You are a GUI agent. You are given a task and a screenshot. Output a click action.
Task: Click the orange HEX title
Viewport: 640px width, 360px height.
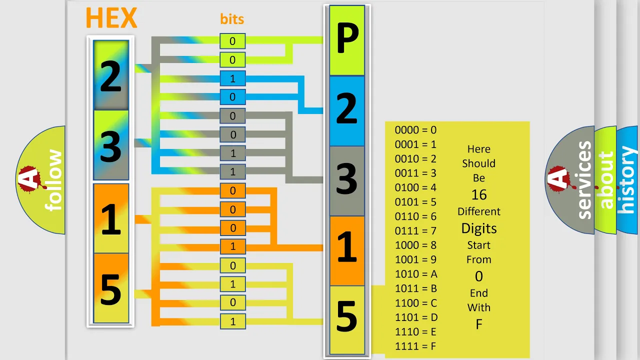[111, 17]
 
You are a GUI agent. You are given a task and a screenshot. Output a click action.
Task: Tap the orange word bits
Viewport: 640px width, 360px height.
[232, 19]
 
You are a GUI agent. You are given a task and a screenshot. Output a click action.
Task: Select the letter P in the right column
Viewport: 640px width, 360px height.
[347, 38]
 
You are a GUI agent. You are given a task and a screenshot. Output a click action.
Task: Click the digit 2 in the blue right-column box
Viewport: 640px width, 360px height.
[347, 108]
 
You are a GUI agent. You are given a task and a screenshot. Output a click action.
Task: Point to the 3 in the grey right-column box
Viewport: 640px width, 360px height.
[347, 178]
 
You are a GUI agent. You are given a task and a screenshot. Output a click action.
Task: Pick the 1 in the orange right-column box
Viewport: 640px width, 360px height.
[347, 247]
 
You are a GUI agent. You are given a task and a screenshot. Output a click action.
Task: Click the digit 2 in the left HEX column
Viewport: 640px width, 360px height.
[111, 76]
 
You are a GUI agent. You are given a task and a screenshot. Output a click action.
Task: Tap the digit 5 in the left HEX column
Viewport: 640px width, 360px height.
[111, 289]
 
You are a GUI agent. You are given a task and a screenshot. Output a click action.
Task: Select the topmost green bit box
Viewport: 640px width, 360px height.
[232, 41]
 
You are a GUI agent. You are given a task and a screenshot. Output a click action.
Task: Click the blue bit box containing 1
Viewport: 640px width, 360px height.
[232, 78]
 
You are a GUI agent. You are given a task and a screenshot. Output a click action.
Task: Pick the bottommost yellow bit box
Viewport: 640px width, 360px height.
[232, 321]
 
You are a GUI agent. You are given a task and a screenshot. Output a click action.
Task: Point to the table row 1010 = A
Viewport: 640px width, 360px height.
[416, 274]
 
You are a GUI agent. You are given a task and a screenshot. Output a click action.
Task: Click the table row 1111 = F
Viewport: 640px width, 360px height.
[415, 346]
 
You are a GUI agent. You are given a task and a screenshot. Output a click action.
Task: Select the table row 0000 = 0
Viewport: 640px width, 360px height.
[415, 130]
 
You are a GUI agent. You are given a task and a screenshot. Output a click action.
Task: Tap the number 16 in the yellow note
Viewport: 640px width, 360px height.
[479, 195]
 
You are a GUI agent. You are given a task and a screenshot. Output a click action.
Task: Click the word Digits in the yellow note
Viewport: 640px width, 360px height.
[479, 228]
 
